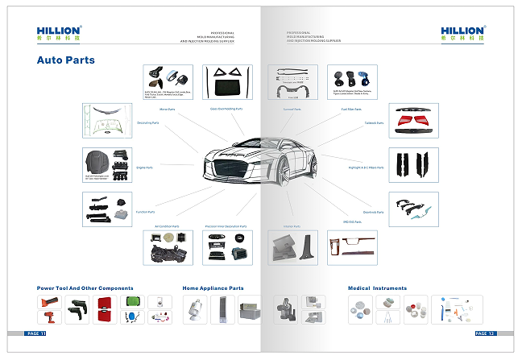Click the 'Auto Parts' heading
pyautogui.click(x=66, y=60)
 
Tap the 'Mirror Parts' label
pyautogui.click(x=168, y=109)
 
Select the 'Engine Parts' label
pyautogui.click(x=145, y=168)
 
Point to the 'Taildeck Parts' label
pyautogui.click(x=375, y=123)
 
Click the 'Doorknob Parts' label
pyautogui.click(x=374, y=212)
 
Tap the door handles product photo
pyautogui.click(x=413, y=208)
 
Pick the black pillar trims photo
pyautogui.click(x=413, y=163)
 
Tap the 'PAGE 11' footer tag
pyautogui.click(x=36, y=333)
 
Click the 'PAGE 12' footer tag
pyautogui.click(x=485, y=333)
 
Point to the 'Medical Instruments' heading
pyautogui.click(x=377, y=288)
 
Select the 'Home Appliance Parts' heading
pyautogui.click(x=213, y=288)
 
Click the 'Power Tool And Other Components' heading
pyautogui.click(x=85, y=288)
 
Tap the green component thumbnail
pyautogui.click(x=133, y=303)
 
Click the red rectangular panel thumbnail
pyautogui.click(x=104, y=310)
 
